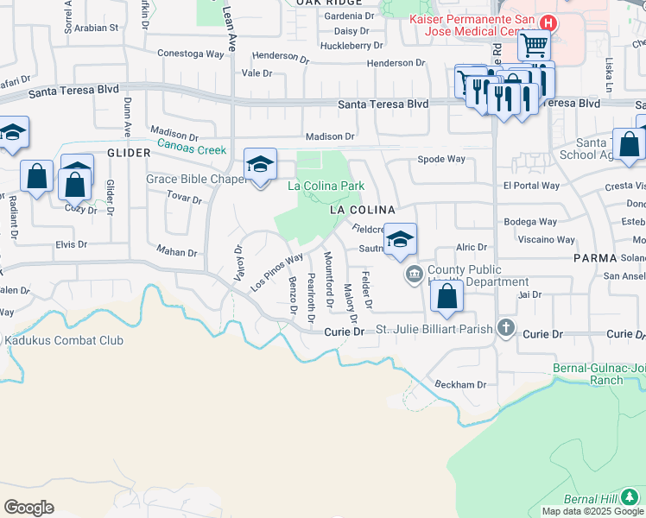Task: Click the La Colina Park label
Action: (x=326, y=186)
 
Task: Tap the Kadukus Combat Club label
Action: (x=64, y=340)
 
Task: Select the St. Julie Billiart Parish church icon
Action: (x=505, y=328)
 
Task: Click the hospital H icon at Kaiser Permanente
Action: (x=546, y=22)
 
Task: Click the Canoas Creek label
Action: (x=191, y=149)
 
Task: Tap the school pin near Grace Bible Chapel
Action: (x=260, y=164)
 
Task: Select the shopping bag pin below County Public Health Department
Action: (x=447, y=297)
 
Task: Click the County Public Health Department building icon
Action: (x=413, y=275)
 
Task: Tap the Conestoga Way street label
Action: (x=190, y=53)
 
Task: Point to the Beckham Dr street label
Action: (x=461, y=384)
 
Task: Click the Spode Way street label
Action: (x=441, y=159)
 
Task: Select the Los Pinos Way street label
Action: (x=276, y=271)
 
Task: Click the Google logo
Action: (x=29, y=508)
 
